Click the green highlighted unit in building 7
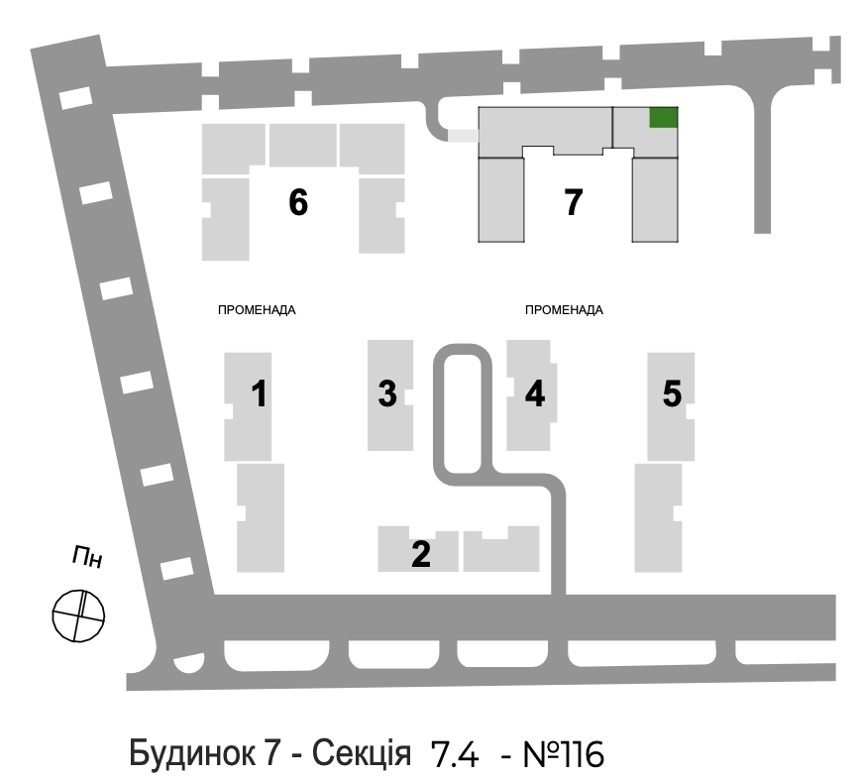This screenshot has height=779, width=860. point(664,117)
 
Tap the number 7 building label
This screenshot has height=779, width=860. point(573,202)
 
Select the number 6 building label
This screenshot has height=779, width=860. point(298,202)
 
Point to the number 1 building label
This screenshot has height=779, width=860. point(260,393)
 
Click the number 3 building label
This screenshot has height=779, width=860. point(387,393)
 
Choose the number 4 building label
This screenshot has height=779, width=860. point(535,393)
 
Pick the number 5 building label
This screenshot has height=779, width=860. point(672,393)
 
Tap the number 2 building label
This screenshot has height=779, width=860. point(421,554)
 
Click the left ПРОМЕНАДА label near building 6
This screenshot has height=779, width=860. point(257,310)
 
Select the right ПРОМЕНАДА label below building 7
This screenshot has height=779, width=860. point(564,310)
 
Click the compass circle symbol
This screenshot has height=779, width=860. point(78,615)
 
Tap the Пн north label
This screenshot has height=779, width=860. point(87,557)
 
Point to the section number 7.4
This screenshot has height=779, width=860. point(455,754)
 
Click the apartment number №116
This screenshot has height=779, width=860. point(564,754)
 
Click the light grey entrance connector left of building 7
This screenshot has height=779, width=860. point(464,136)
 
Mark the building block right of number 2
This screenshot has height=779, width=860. point(501,549)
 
